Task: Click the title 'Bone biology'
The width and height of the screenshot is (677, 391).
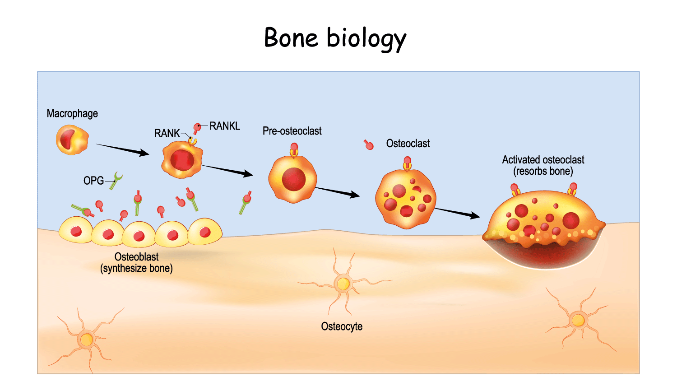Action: pos(335,38)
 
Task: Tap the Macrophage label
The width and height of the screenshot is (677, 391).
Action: pos(72,113)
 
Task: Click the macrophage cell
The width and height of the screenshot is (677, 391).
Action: pos(72,140)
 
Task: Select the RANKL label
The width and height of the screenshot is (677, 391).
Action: pos(225,126)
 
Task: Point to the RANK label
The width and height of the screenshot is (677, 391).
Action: pos(167,133)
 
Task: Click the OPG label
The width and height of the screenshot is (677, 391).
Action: pos(93,181)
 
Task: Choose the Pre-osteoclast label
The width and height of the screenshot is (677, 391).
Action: pos(292,131)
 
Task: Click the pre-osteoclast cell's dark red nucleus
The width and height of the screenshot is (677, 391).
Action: pos(294,179)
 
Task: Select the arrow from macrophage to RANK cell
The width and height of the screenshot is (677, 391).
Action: pos(122,150)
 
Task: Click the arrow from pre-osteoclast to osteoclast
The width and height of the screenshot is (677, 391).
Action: pos(337,192)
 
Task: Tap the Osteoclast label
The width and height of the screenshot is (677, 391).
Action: pos(408,144)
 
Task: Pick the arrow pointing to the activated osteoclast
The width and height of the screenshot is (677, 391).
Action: pos(457,213)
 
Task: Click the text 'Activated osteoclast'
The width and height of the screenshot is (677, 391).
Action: pos(543,160)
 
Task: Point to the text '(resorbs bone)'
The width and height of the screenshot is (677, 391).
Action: pos(543,172)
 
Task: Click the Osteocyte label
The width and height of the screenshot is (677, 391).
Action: pos(342,326)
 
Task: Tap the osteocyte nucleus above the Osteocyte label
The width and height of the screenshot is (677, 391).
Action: pos(343,284)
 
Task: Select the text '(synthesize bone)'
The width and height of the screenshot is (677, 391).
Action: pos(136,269)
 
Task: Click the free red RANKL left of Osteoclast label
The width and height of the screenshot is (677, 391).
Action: pos(369,144)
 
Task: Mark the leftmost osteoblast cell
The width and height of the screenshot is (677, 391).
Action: pos(75,230)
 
